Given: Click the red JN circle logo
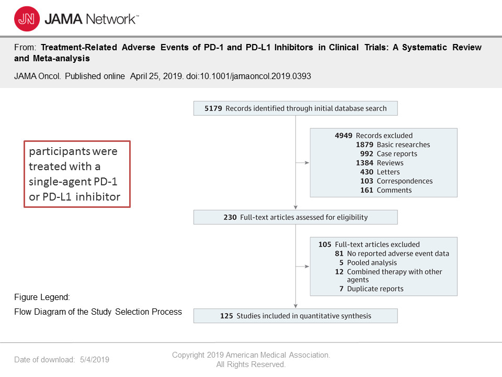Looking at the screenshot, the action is [x=27, y=19].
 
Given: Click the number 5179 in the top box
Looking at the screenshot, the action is [x=213, y=108].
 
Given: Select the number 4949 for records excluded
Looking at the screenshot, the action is [x=344, y=136].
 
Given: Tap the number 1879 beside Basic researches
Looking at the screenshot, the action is [x=364, y=145].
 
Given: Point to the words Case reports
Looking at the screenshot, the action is [x=397, y=154].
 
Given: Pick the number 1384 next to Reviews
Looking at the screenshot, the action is [x=364, y=163].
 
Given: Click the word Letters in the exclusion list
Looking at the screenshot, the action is [x=389, y=172].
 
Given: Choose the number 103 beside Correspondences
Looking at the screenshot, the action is [x=367, y=181].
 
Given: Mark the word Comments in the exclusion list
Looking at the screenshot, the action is [x=394, y=190].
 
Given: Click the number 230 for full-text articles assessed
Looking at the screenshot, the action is [x=230, y=217].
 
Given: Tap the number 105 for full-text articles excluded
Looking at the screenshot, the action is [x=325, y=245].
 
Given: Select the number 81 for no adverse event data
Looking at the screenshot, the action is [x=339, y=253].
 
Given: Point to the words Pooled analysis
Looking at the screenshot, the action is [x=372, y=263].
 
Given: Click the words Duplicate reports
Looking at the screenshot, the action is [x=375, y=289].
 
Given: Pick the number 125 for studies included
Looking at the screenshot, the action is [x=226, y=316].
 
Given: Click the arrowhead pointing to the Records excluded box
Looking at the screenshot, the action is [x=307, y=163].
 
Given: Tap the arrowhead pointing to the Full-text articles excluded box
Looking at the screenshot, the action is [x=307, y=267].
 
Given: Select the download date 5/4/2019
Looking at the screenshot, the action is [x=95, y=360].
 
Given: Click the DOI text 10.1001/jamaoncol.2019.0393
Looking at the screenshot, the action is [x=255, y=76].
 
